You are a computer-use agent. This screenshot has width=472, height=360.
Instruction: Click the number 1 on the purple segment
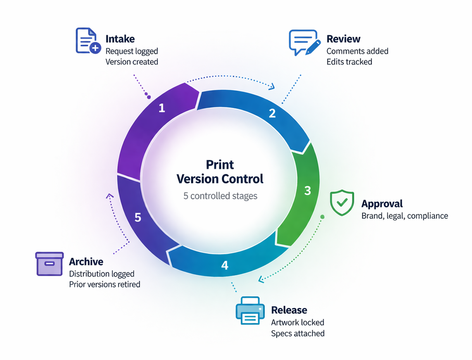tap(162, 108)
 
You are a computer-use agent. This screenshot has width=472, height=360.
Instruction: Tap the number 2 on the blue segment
tap(272, 113)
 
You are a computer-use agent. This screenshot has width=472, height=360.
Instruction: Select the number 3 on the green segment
tap(307, 191)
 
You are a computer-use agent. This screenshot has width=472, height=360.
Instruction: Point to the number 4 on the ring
tap(225, 265)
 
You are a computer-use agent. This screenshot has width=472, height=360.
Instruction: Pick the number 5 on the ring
tap(138, 217)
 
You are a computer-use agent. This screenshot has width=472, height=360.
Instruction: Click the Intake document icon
tap(88, 41)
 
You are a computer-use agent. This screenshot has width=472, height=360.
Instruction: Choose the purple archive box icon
tap(49, 263)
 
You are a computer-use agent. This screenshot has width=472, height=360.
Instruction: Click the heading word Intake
tap(120, 39)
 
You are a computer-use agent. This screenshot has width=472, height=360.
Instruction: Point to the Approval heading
tap(382, 204)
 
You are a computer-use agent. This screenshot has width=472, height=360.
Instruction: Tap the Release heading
tap(289, 311)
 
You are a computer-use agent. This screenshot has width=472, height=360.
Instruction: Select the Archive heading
tap(86, 262)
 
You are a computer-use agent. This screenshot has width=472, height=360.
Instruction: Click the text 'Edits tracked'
tap(349, 61)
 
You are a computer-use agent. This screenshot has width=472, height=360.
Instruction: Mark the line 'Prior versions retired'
tap(104, 284)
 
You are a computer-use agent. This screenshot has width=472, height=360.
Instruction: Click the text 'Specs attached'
tap(297, 333)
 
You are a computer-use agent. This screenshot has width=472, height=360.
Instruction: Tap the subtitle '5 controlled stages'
tap(220, 196)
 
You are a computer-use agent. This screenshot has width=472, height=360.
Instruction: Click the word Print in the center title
tap(220, 165)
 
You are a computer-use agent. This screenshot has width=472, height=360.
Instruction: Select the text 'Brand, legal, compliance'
tap(404, 216)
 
